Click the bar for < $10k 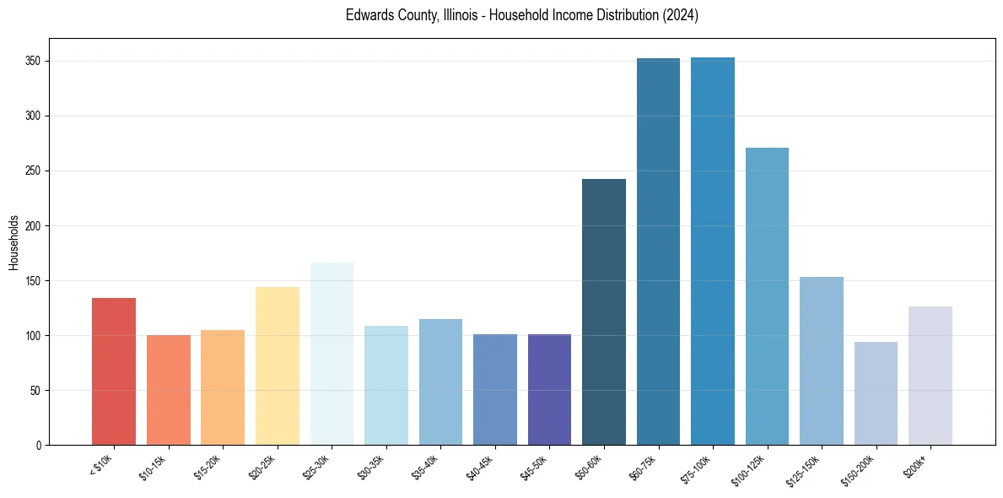pyautogui.click(x=114, y=371)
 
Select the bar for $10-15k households pyautogui.click(x=169, y=390)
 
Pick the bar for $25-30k pyautogui.click(x=332, y=354)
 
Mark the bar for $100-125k pyautogui.click(x=767, y=296)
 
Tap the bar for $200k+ pyautogui.click(x=930, y=376)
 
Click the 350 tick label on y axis pyautogui.click(x=33, y=62)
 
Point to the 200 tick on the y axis pyautogui.click(x=33, y=226)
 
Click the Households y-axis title pyautogui.click(x=14, y=242)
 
